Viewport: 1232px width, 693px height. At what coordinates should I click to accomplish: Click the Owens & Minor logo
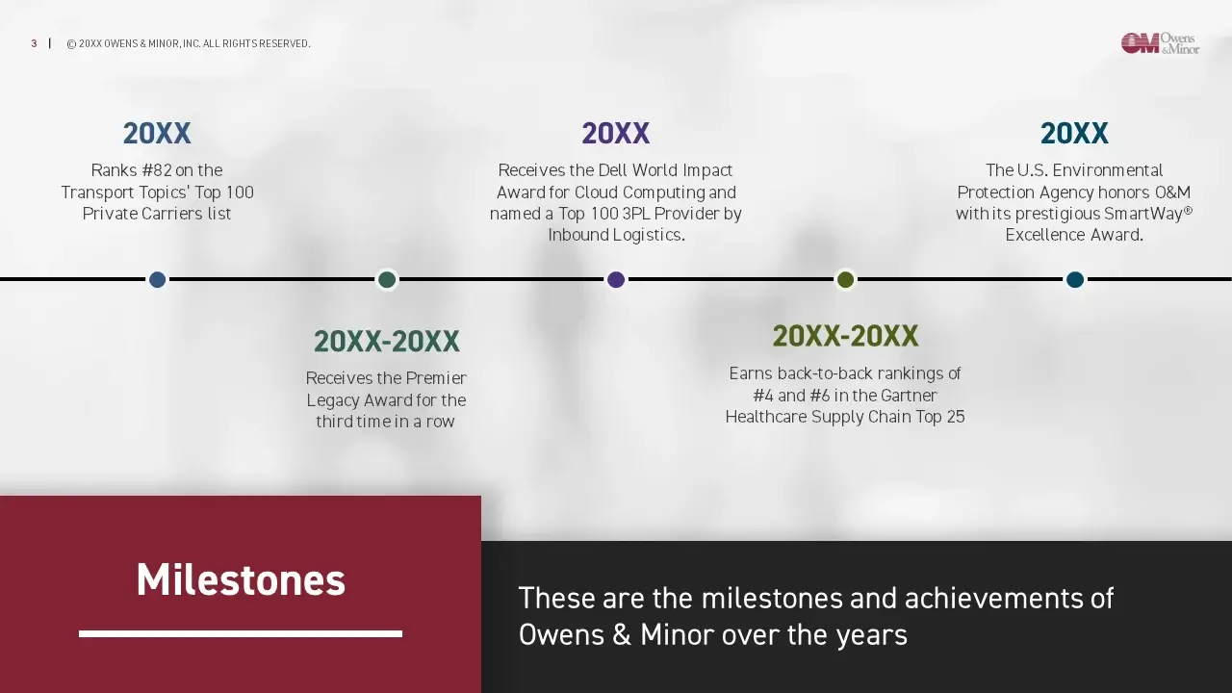pyautogui.click(x=1160, y=43)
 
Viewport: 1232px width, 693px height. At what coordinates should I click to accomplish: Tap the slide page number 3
pyautogui.click(x=34, y=43)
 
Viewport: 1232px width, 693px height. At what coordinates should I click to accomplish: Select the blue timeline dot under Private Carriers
pyautogui.click(x=157, y=279)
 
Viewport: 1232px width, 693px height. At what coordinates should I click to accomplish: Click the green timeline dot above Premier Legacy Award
pyautogui.click(x=387, y=279)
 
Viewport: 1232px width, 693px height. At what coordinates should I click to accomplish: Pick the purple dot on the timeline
pyautogui.click(x=616, y=279)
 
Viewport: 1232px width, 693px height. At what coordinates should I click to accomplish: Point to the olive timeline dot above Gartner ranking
pyautogui.click(x=845, y=279)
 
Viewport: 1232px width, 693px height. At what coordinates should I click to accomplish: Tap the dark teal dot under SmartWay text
pyautogui.click(x=1075, y=279)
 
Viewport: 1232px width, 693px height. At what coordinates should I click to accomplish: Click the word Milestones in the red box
pyautogui.click(x=241, y=579)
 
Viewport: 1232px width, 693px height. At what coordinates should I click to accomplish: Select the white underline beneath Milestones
pyautogui.click(x=241, y=633)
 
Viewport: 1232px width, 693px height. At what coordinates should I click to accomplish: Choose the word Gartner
pyautogui.click(x=909, y=396)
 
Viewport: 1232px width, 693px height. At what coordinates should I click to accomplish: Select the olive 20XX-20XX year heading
pyautogui.click(x=845, y=336)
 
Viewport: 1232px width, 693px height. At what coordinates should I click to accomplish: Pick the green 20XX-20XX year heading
pyautogui.click(x=387, y=341)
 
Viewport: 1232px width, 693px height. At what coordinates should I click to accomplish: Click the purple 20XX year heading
pyautogui.click(x=616, y=133)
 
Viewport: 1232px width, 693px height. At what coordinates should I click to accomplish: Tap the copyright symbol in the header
pyautogui.click(x=71, y=44)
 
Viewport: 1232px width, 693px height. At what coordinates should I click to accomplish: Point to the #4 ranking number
pyautogui.click(x=763, y=396)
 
